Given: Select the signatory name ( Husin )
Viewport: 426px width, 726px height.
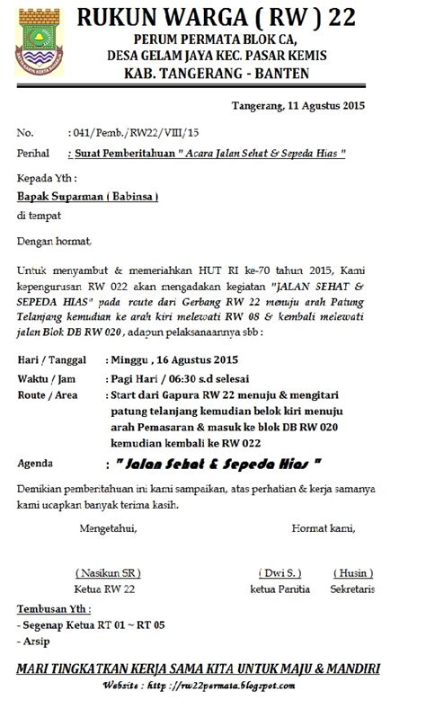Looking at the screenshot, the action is coord(352,571).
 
